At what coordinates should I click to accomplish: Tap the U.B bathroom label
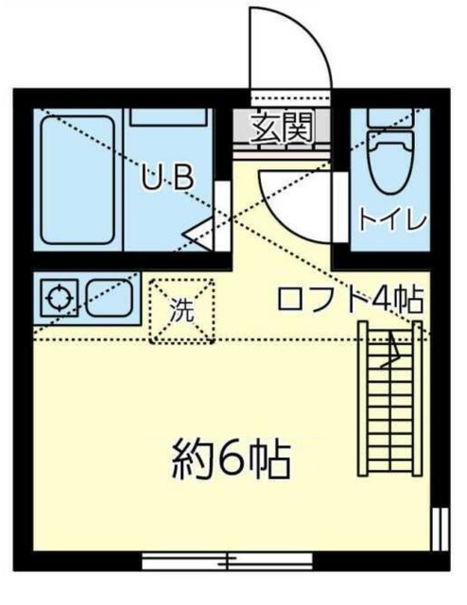pyautogui.click(x=168, y=177)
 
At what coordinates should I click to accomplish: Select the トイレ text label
pyautogui.click(x=391, y=219)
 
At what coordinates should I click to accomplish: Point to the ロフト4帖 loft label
pyautogui.click(x=349, y=300)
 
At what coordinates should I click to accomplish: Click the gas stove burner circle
pyautogui.click(x=59, y=300)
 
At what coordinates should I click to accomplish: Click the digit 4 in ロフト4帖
pyautogui.click(x=382, y=300)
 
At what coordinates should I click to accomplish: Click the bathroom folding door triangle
pyautogui.click(x=201, y=231)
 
